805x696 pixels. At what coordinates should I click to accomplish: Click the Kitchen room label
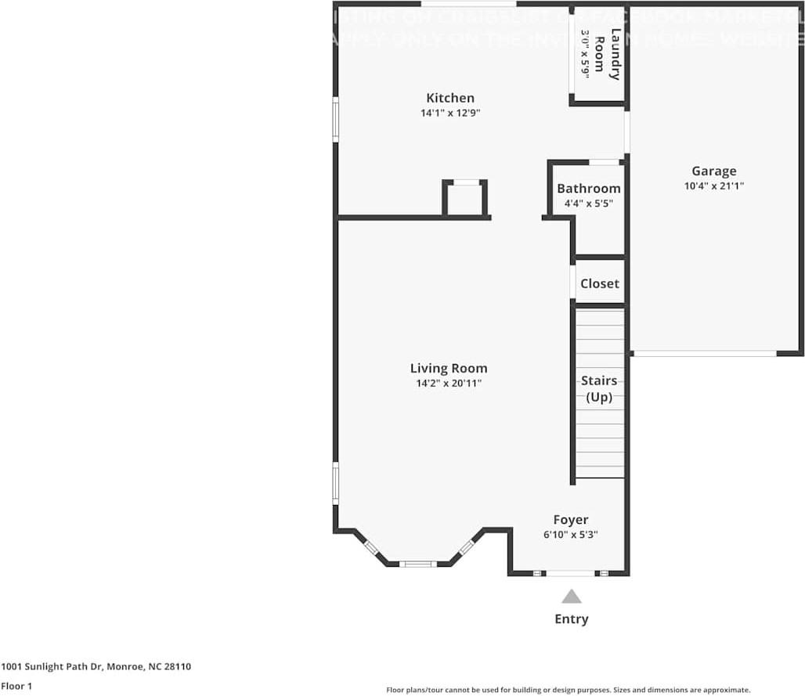449,98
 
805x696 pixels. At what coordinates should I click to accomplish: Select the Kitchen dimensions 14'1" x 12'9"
449,113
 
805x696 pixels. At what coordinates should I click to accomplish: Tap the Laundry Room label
608,54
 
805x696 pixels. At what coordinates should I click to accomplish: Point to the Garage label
713,171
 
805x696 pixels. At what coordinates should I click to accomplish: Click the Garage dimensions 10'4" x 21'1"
713,186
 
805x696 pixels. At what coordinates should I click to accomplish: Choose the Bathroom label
589,189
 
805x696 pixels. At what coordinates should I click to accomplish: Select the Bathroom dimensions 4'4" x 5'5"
589,204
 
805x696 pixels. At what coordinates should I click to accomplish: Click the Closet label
600,283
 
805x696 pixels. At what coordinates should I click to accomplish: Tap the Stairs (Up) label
599,389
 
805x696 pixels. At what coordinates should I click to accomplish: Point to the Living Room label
449,368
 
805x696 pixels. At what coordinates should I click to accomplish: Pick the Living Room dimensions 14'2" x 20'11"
449,384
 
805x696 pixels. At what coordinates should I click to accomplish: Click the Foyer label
571,520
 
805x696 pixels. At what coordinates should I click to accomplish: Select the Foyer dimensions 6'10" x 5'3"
571,535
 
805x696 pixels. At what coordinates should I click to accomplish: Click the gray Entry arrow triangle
572,597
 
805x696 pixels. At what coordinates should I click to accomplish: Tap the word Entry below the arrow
572,619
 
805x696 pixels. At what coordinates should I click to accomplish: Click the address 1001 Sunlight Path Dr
96,667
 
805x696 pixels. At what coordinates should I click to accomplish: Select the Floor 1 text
16,686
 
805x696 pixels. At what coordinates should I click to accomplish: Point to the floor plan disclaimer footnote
568,690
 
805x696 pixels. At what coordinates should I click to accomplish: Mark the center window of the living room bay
418,564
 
